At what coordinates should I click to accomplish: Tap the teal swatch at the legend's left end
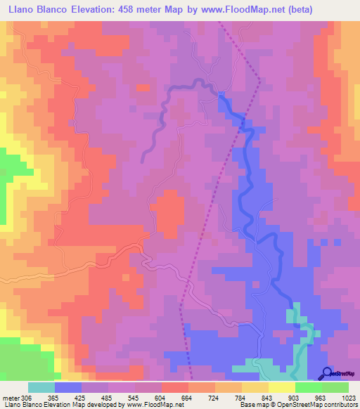coord(41,387)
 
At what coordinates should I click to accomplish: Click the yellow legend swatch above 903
coord(281,387)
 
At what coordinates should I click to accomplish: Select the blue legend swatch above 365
coord(67,387)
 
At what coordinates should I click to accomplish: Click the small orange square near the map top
coord(143,88)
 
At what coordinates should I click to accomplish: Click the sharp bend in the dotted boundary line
coord(259,81)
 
